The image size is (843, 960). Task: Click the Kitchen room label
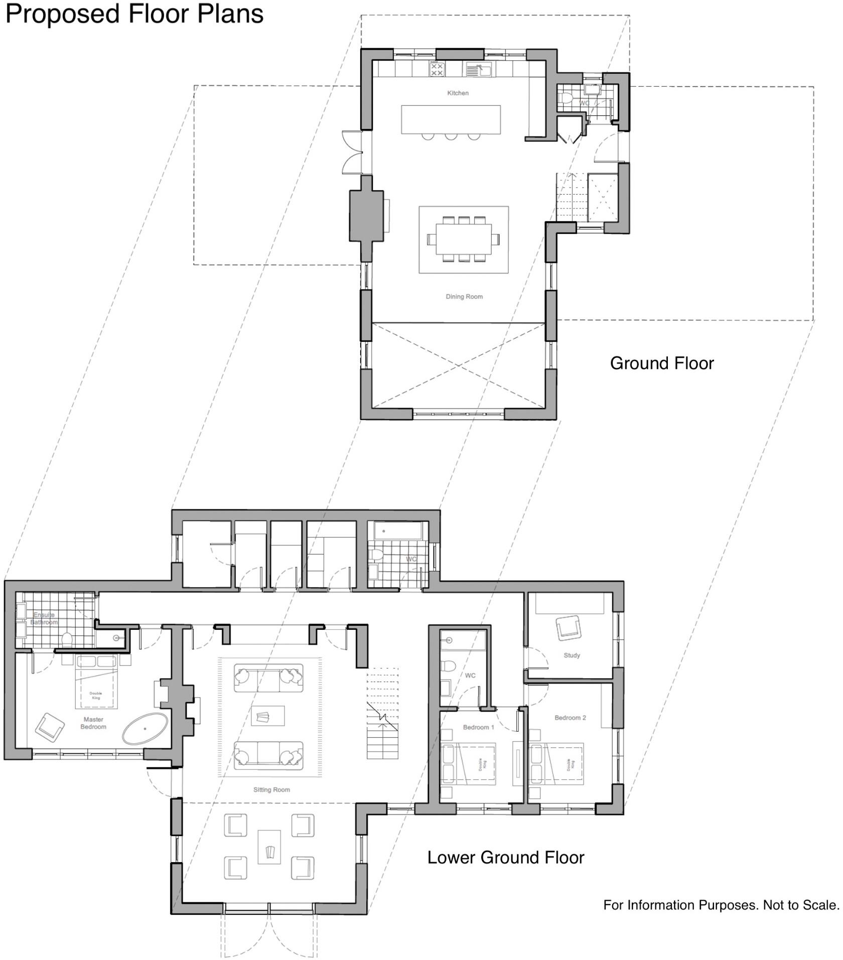(458, 93)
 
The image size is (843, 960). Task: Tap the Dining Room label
(464, 297)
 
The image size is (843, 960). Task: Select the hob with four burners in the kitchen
(437, 70)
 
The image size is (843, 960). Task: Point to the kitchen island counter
(451, 119)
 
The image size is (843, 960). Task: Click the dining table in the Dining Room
(463, 239)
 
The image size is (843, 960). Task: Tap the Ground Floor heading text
(661, 363)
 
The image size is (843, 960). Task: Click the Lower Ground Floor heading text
(505, 857)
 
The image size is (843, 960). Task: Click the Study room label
(572, 655)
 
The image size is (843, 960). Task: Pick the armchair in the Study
(568, 628)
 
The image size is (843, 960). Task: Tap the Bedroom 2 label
(570, 718)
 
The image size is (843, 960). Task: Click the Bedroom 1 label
(478, 727)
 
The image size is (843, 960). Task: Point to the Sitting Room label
(271, 789)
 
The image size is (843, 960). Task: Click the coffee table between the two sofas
(267, 716)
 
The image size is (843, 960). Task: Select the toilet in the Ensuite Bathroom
(67, 639)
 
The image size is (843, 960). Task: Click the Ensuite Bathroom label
(44, 618)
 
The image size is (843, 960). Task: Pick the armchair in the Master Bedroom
(50, 726)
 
